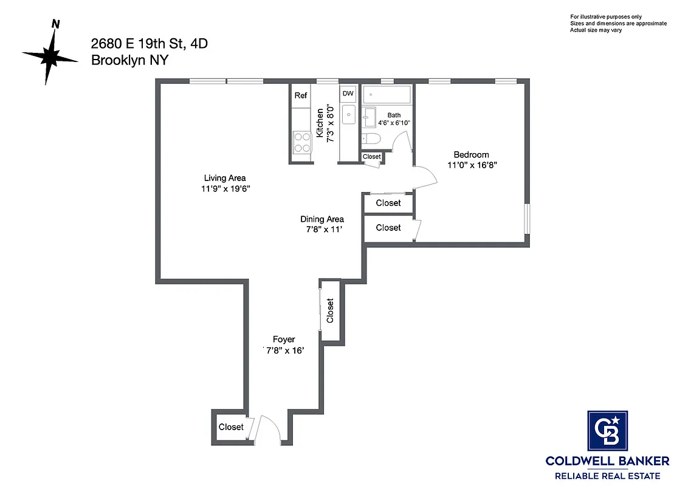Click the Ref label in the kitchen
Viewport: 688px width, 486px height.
click(301, 95)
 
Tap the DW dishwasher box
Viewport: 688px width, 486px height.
click(348, 94)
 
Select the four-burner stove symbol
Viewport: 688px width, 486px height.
click(301, 142)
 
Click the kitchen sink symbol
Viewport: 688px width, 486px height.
click(348, 114)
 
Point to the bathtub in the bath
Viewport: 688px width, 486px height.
click(387, 95)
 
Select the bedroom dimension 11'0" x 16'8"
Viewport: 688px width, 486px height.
click(472, 165)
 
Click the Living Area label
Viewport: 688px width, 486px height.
click(225, 178)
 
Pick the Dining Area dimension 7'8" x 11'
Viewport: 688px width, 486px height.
click(322, 230)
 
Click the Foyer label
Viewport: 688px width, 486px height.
click(284, 340)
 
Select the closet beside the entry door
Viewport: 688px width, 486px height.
click(231, 427)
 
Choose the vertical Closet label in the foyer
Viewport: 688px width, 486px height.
click(331, 310)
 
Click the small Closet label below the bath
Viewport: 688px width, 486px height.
click(371, 157)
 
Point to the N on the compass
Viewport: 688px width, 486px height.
click(56, 24)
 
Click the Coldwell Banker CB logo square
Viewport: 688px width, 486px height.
click(607, 430)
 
